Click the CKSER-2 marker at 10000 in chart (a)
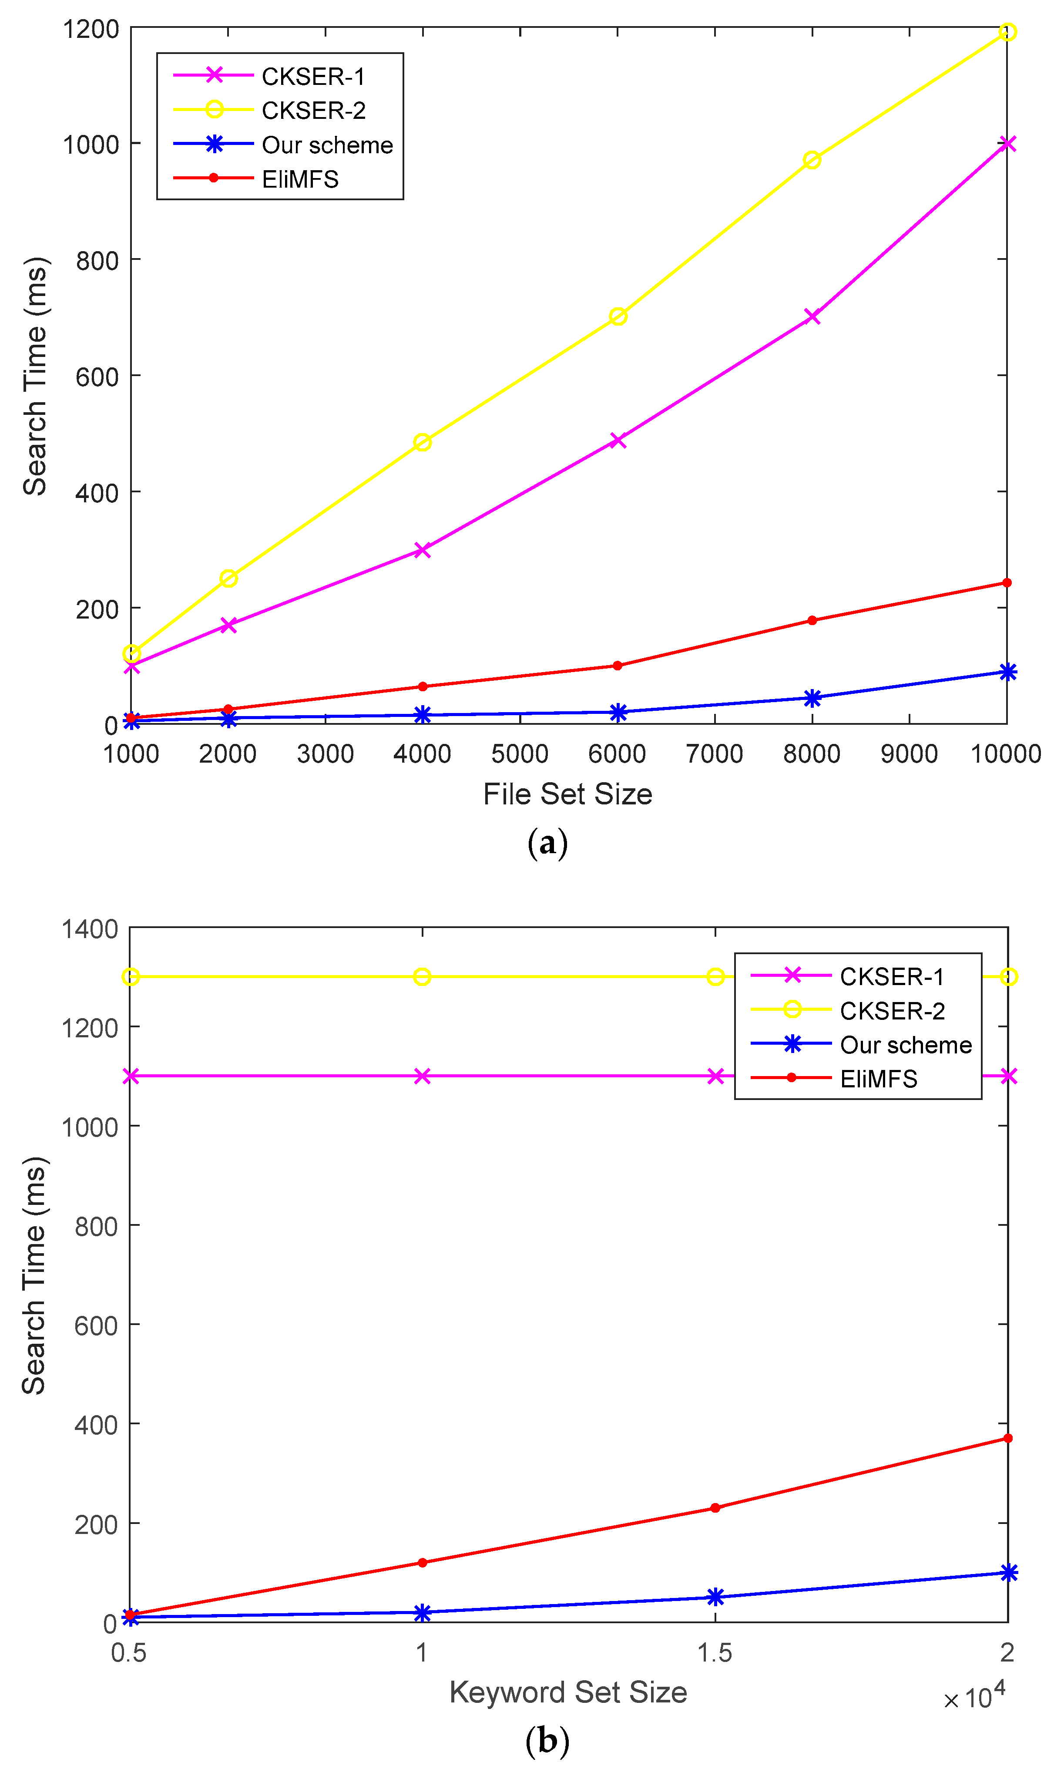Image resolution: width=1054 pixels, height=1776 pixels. pyautogui.click(x=1007, y=32)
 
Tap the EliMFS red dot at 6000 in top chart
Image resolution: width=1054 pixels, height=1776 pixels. pyautogui.click(x=617, y=666)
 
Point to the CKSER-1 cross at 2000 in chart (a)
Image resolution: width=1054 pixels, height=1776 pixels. pyautogui.click(x=228, y=625)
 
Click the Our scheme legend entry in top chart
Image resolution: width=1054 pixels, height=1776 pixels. pyautogui.click(x=327, y=145)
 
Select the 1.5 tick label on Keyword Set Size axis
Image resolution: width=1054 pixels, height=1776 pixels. pyautogui.click(x=715, y=1653)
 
